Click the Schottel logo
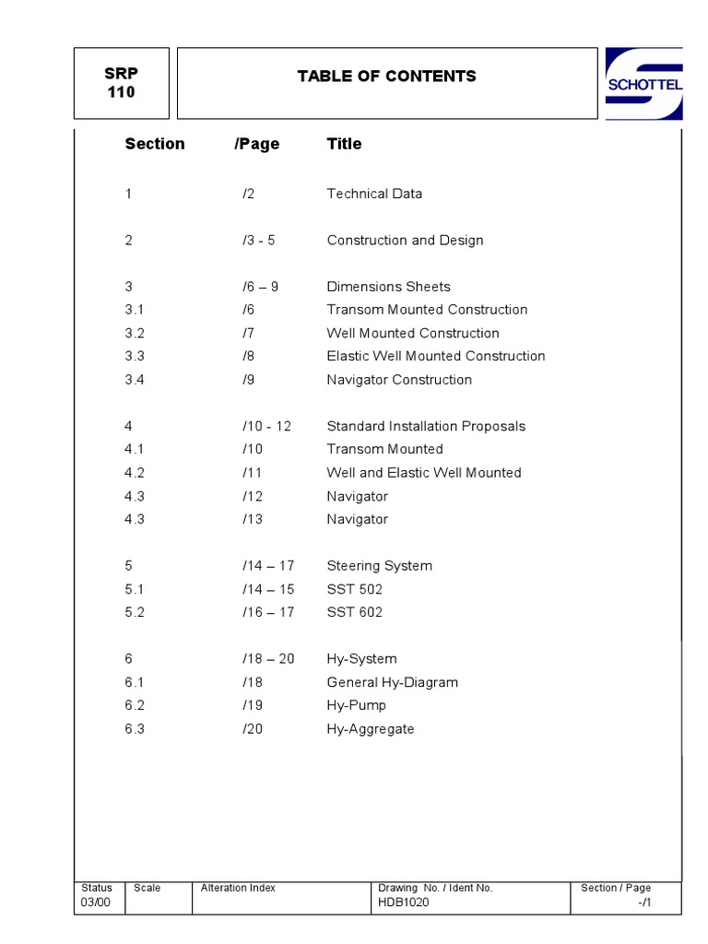643,84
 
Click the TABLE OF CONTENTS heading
386,77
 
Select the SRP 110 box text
121,84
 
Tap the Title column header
344,144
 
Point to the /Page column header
256,144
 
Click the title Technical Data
374,194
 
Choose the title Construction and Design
405,241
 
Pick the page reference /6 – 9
260,287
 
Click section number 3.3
135,356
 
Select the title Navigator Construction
399,380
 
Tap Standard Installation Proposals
426,426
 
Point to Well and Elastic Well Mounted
424,473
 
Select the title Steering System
379,566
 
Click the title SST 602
354,612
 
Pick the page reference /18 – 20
268,659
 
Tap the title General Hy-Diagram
392,682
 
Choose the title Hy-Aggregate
371,729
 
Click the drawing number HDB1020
403,903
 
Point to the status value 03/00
96,903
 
